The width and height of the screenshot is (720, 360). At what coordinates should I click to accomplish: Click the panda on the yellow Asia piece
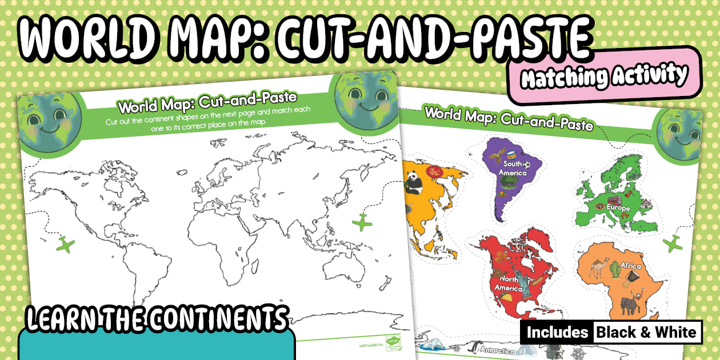[x=413, y=182]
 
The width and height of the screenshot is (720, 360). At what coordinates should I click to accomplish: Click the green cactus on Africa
[x=614, y=269]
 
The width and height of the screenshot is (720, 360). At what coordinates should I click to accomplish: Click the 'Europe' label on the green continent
[x=619, y=208]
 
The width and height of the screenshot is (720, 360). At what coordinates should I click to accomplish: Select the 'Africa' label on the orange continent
[x=630, y=266]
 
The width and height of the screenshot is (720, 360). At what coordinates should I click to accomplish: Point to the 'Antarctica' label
[x=498, y=350]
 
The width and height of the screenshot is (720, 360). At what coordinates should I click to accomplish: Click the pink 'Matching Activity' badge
[x=603, y=75]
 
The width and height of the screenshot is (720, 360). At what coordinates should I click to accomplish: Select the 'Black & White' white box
[x=647, y=332]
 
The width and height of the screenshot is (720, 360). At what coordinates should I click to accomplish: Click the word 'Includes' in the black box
[x=557, y=332]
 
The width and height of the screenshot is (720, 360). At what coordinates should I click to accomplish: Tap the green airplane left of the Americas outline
[x=67, y=245]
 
